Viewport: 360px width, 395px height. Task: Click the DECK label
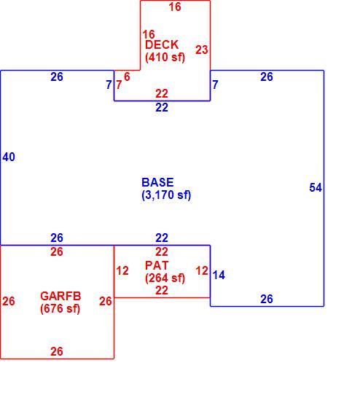162,45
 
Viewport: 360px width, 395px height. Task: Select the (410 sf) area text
165,57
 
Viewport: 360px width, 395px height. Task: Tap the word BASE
157,182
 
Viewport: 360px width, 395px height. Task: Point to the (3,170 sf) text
166,195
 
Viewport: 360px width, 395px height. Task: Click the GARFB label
60,296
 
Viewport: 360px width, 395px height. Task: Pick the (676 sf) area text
60,308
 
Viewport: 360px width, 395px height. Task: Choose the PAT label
157,265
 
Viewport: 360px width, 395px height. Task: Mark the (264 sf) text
165,278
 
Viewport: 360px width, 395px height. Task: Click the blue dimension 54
316,188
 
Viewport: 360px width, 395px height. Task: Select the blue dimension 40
9,157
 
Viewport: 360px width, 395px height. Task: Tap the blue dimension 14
219,275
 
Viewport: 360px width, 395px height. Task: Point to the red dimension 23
202,50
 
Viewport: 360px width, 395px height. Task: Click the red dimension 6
127,77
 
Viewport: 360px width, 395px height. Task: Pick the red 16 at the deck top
175,7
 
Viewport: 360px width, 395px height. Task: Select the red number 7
119,85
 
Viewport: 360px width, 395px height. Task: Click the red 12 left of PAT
122,271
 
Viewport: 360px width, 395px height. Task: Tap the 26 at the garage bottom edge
57,351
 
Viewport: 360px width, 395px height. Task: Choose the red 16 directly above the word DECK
149,34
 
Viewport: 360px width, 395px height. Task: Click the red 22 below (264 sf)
162,291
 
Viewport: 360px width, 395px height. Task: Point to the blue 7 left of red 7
109,85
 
